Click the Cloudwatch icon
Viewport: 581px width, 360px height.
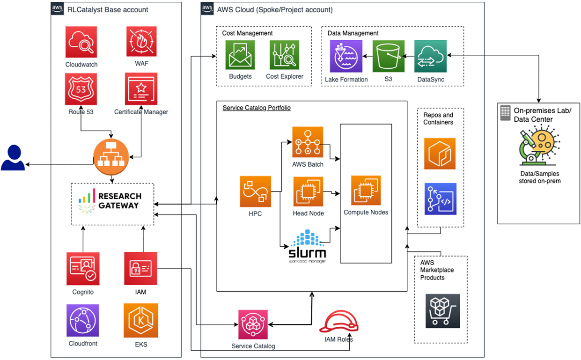(x=81, y=42)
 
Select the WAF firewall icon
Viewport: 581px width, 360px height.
(x=141, y=41)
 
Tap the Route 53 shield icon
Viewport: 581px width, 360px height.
(x=81, y=89)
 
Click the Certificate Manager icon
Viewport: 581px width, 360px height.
(x=141, y=88)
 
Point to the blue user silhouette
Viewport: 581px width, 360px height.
(x=13, y=157)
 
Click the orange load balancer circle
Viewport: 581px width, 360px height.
(x=111, y=157)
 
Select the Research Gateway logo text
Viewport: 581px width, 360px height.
(x=120, y=201)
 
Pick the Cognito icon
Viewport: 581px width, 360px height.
(x=83, y=269)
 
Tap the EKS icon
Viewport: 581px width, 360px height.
(x=141, y=321)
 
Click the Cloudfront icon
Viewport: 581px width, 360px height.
(x=83, y=321)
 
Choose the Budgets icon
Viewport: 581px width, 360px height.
(x=240, y=55)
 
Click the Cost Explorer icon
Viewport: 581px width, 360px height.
(x=284, y=55)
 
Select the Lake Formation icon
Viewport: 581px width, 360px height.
(x=346, y=56)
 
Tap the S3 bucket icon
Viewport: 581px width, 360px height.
(x=389, y=56)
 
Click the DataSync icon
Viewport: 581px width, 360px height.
(x=431, y=56)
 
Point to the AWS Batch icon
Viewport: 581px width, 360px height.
(x=308, y=142)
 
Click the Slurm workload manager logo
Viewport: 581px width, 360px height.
(x=308, y=246)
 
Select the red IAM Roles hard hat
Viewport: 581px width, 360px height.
(x=339, y=322)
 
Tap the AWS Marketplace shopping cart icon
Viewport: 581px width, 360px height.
(x=442, y=311)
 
